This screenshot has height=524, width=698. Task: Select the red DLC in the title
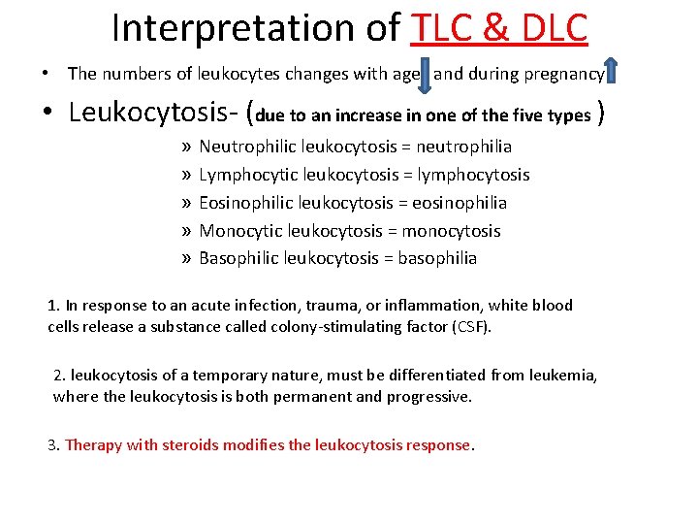point(550,28)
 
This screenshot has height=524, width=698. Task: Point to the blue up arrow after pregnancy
point(612,71)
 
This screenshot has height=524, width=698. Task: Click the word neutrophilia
point(464,147)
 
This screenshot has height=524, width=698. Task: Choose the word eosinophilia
point(460,203)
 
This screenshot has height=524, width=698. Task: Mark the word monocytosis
point(451,231)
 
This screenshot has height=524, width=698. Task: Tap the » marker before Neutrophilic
point(185,147)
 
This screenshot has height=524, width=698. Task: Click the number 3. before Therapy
point(54,444)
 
